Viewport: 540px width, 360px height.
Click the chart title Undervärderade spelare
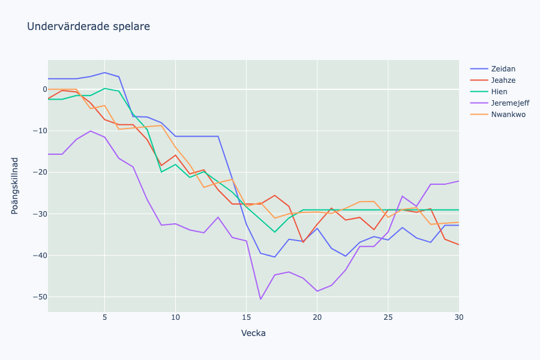(x=88, y=26)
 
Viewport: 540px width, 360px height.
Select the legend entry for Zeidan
(x=503, y=69)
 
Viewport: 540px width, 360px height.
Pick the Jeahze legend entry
(x=503, y=80)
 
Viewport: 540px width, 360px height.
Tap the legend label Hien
(x=499, y=92)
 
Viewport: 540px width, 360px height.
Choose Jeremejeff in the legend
(x=510, y=103)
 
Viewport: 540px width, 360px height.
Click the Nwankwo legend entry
(x=508, y=115)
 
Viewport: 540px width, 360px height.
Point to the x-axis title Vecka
(x=253, y=333)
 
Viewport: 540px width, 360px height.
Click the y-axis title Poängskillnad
(x=15, y=185)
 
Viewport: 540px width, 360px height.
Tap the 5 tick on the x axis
(x=105, y=317)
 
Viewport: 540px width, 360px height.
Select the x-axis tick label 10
(x=175, y=317)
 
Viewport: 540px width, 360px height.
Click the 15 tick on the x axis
(x=246, y=317)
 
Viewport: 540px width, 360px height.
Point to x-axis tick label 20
(x=317, y=317)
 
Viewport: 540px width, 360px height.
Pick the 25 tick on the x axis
(x=388, y=317)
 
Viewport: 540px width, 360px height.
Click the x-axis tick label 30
(x=458, y=317)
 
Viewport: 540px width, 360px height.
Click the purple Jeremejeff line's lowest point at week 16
(x=260, y=299)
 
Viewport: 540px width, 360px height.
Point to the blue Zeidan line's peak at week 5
(x=105, y=73)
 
